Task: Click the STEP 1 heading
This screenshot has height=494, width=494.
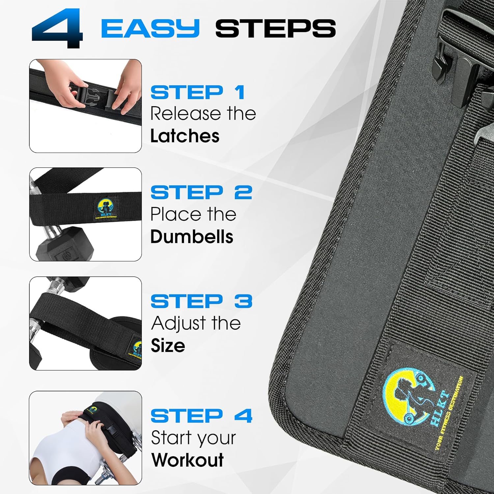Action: [198, 92]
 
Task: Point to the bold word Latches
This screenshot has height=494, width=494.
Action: [185, 136]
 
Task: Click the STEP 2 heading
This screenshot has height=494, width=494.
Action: [201, 192]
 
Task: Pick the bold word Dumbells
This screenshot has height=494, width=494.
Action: [192, 237]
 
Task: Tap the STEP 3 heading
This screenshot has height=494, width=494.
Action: [201, 301]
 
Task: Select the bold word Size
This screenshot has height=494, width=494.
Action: [168, 345]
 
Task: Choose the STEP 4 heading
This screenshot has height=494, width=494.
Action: [201, 416]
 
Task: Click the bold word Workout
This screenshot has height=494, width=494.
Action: [187, 460]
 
